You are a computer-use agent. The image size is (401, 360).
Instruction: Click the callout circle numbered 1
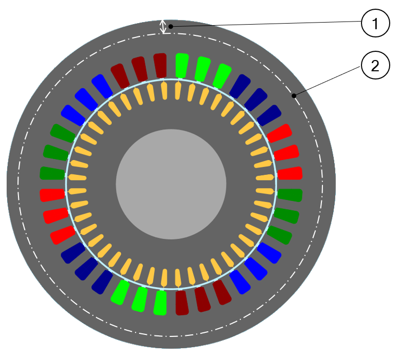click(375, 24)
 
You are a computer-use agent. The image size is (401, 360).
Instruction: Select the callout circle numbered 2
click(375, 65)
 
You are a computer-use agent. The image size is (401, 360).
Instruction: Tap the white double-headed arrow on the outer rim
click(164, 27)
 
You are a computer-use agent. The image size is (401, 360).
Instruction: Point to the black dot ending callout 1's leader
click(172, 26)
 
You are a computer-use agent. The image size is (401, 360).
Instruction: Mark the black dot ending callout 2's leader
click(294, 95)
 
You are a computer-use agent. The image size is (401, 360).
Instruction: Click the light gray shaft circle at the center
click(171, 184)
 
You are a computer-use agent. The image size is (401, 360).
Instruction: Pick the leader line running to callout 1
click(267, 23)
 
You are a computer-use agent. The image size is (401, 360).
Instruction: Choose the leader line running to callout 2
click(329, 80)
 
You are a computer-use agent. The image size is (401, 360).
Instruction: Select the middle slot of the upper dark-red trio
click(140, 69)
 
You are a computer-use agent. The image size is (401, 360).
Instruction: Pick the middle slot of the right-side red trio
click(287, 153)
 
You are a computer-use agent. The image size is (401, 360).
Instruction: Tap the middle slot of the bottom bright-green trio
click(139, 299)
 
